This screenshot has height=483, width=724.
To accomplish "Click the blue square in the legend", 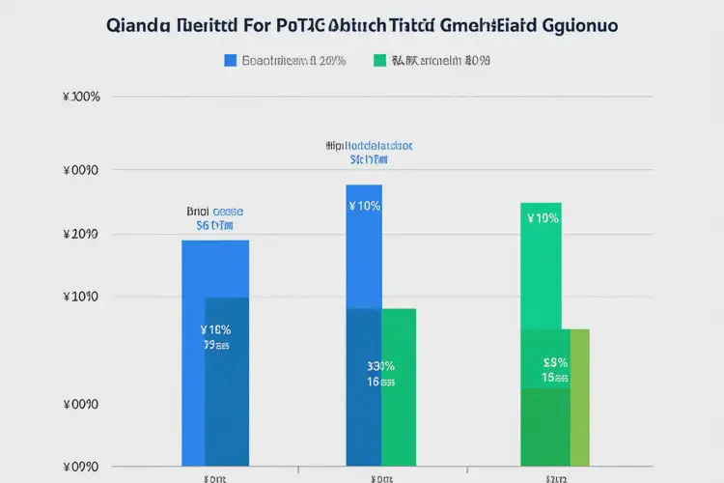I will coord(230,60).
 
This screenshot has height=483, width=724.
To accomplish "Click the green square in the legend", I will coord(379,60).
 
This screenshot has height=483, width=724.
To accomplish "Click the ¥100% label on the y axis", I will coord(80,97).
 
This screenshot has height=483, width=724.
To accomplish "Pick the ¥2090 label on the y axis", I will coord(80,235).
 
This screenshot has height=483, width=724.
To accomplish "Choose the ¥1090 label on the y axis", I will coord(80,297).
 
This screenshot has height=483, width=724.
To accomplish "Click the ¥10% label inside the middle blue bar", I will coord(364,206).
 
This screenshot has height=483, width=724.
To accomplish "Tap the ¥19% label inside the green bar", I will coord(543,218).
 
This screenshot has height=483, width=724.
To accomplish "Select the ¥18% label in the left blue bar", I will coord(214,329).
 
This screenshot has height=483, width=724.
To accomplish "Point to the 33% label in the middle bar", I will coord(380,366).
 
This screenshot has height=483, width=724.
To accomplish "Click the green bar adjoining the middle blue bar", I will coord(399,386).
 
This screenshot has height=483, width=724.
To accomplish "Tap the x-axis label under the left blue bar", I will coord(214,477).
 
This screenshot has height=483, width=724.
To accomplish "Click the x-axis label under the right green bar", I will coord(555,477).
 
